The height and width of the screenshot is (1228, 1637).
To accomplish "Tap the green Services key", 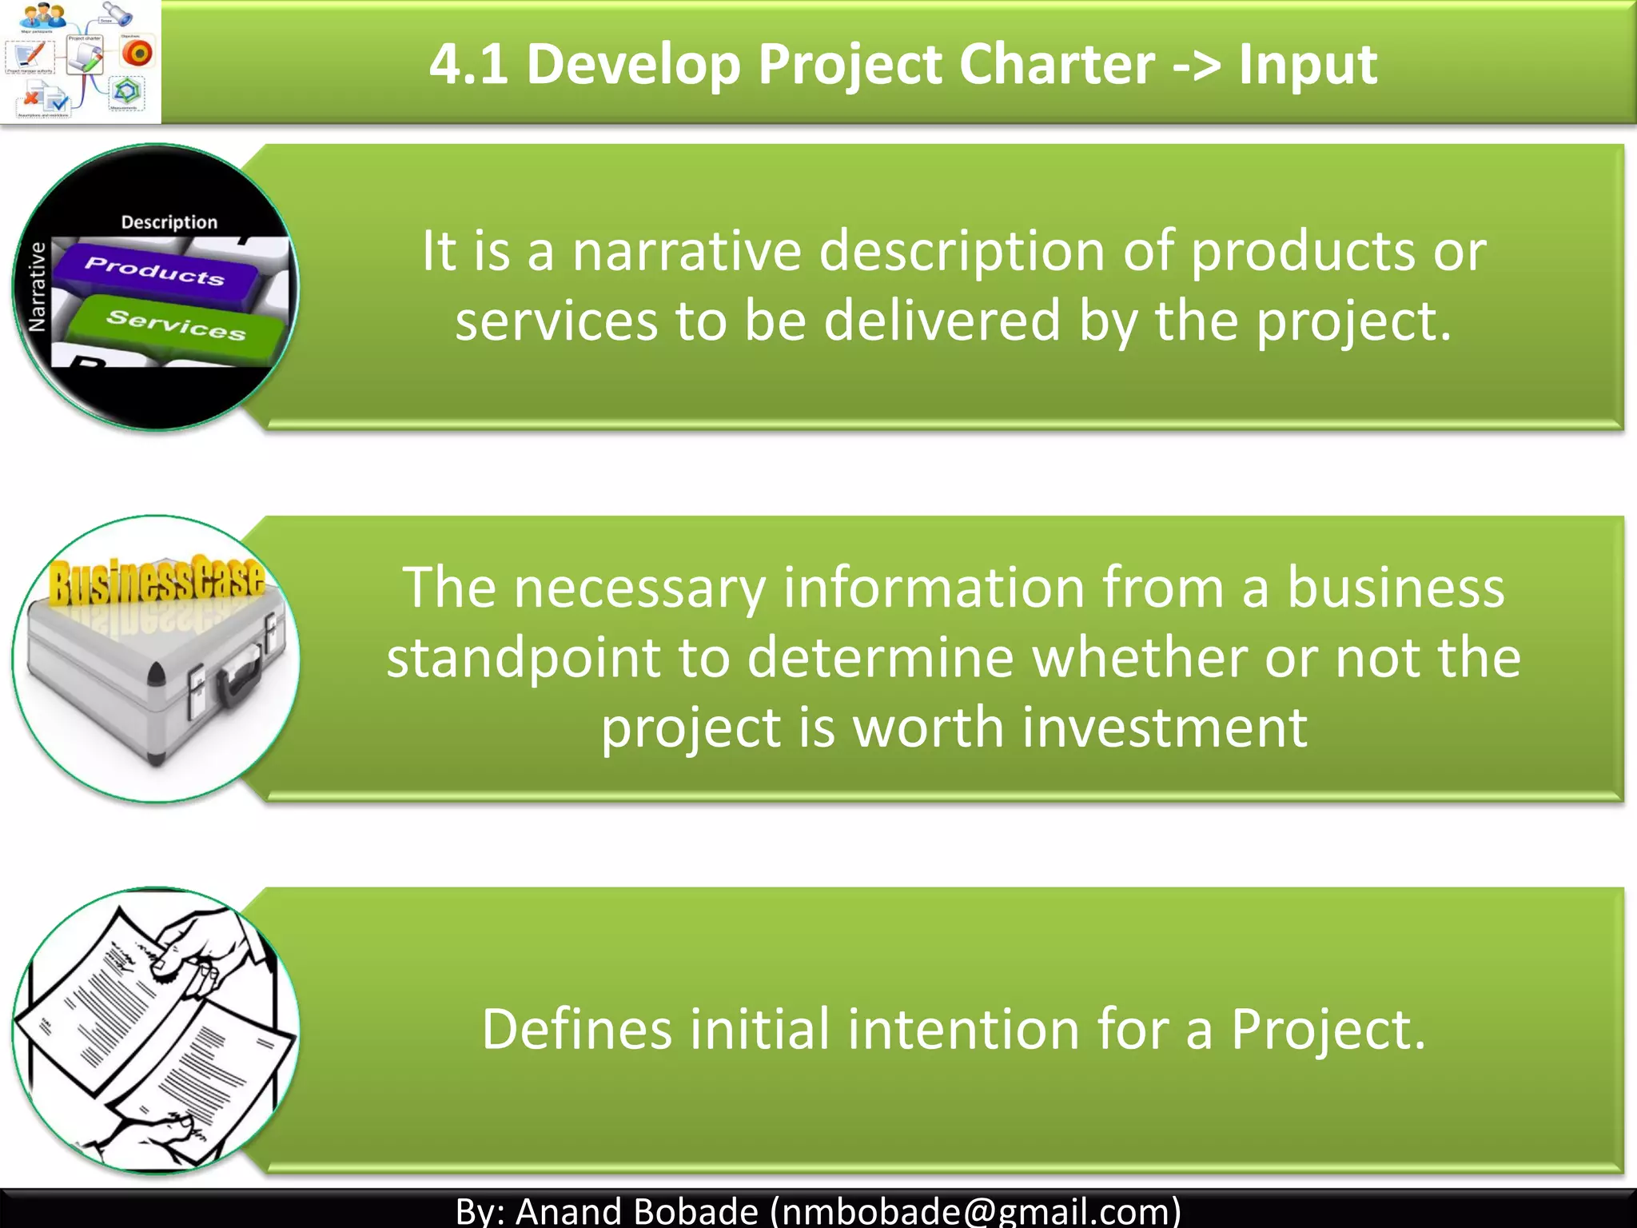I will [x=176, y=325].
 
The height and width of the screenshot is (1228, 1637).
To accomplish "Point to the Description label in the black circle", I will [x=169, y=222].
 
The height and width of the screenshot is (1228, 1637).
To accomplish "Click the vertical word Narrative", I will [x=37, y=287].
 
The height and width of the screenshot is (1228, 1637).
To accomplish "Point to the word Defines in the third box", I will [x=576, y=1029].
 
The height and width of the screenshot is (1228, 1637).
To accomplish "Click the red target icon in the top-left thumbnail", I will [x=137, y=54].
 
